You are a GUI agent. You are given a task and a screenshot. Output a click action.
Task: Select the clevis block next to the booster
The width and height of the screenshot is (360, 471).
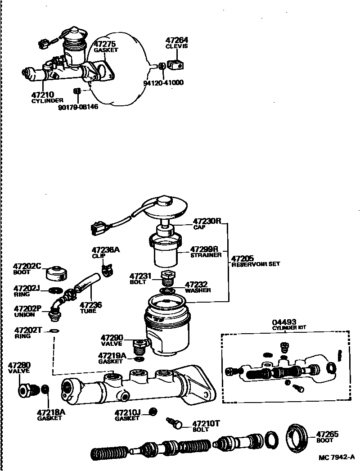pyautogui.click(x=175, y=65)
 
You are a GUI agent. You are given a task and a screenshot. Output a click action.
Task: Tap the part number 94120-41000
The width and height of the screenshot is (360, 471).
pyautogui.click(x=163, y=83)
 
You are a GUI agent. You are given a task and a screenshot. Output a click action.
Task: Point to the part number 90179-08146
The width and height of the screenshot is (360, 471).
pyautogui.click(x=78, y=107)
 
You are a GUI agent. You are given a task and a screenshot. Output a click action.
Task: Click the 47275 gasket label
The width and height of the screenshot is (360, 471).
pyautogui.click(x=105, y=44)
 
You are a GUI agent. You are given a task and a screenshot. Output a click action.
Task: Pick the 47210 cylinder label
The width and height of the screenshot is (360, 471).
pyautogui.click(x=43, y=95)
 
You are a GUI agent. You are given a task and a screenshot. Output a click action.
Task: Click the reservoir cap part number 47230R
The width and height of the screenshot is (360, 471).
pyautogui.click(x=207, y=221)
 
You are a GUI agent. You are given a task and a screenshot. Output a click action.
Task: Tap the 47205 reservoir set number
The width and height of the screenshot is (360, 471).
pyautogui.click(x=243, y=258)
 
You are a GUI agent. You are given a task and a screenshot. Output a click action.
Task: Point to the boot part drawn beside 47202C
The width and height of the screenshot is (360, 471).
pyautogui.click(x=57, y=272)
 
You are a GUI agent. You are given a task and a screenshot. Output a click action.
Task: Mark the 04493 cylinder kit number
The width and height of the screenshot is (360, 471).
pyautogui.click(x=284, y=322)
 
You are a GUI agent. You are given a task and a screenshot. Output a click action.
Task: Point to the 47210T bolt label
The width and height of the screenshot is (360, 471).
pyautogui.click(x=206, y=423)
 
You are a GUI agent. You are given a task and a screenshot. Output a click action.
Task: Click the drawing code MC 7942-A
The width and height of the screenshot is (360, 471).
pyautogui.click(x=337, y=458)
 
